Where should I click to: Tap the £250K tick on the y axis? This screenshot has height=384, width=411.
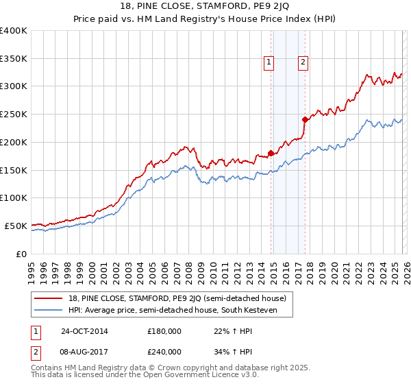tap(14, 114)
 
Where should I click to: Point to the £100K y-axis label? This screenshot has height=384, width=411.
tap(14, 197)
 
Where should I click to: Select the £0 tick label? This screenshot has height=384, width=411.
tap(21, 254)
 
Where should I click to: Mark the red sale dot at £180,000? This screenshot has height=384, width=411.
tap(271, 153)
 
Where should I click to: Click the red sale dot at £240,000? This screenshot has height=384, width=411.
tap(304, 119)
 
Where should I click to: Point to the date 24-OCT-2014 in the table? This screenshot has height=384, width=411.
tap(84, 331)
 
